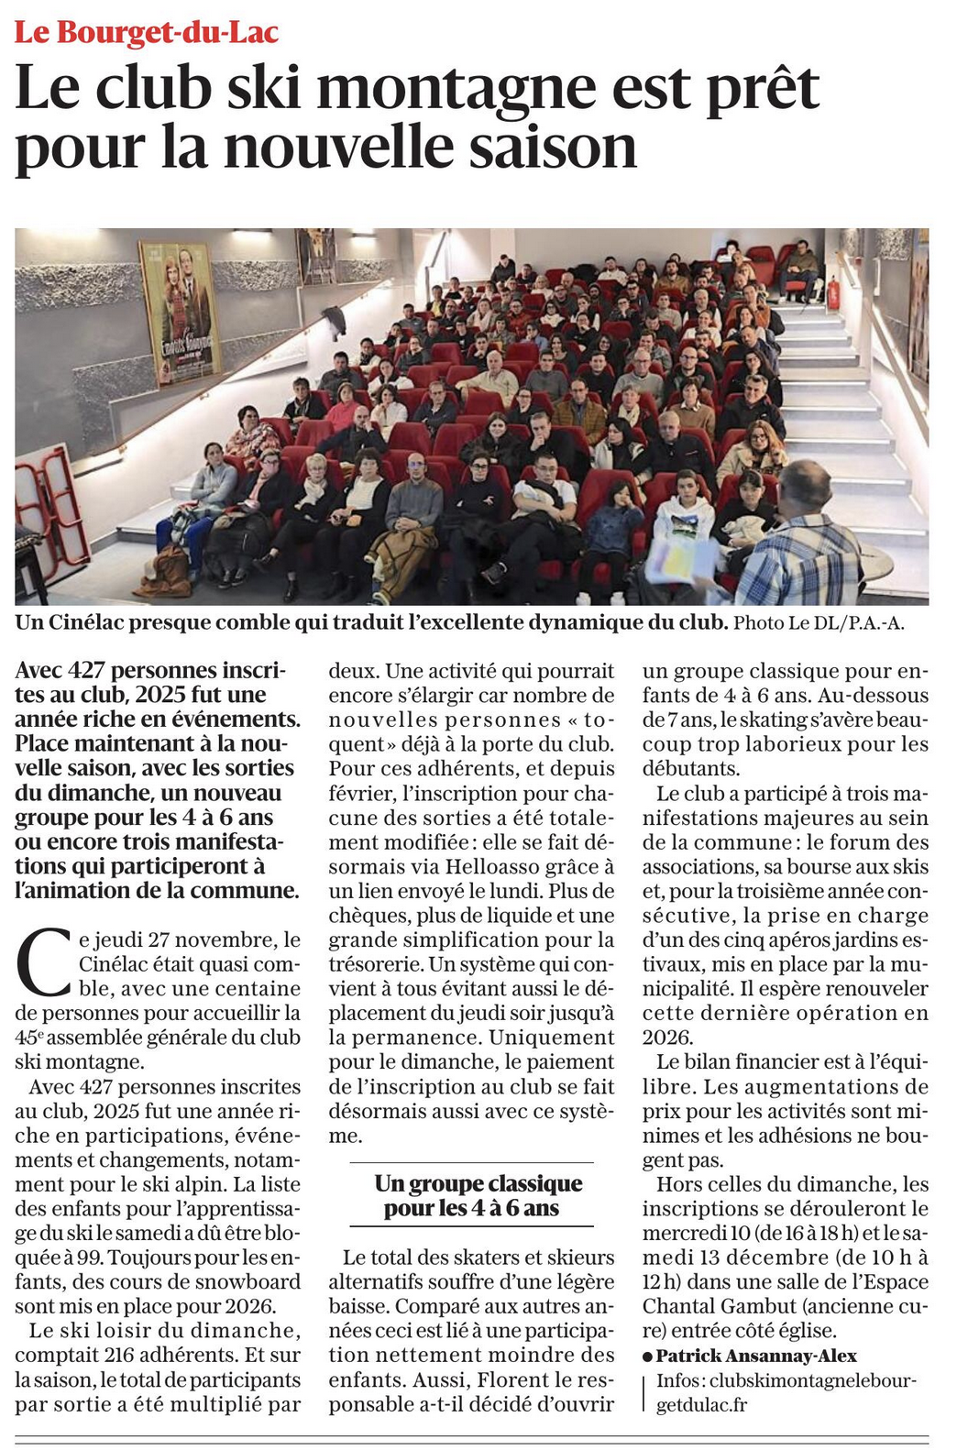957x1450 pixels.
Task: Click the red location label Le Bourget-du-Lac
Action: [147, 33]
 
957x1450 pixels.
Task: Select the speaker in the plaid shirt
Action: [797, 541]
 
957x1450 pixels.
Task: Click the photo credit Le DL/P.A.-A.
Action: [819, 623]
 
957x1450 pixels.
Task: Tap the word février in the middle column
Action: [361, 793]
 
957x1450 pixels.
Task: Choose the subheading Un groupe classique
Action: [478, 1183]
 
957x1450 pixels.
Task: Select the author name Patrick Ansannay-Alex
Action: [756, 1356]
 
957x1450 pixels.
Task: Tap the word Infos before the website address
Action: [679, 1380]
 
